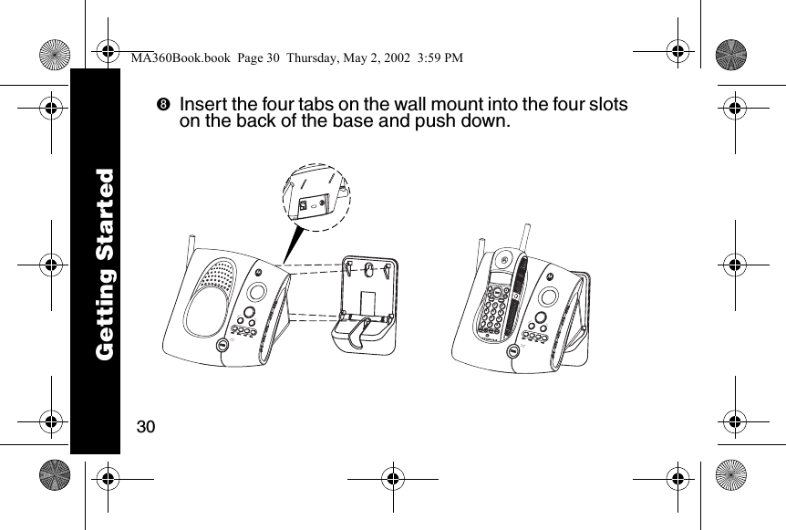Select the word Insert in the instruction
pyautogui.click(x=202, y=104)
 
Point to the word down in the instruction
pyautogui.click(x=481, y=121)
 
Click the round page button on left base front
pyautogui.click(x=222, y=347)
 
